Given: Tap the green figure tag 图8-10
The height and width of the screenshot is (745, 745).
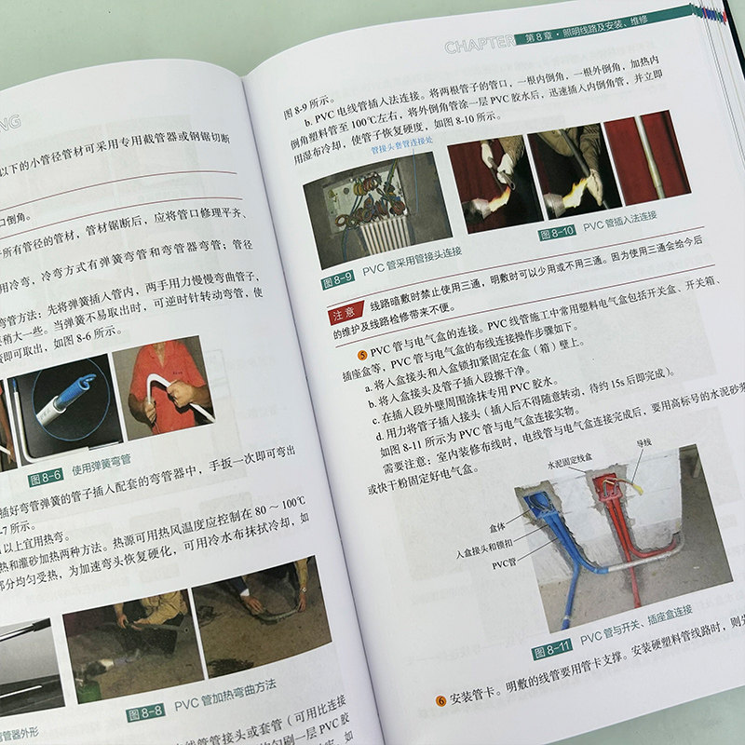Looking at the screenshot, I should point(558,233).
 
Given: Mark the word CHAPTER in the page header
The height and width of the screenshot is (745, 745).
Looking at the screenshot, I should point(479,45).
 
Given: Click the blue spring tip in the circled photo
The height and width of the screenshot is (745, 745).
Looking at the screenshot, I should point(83,383).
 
